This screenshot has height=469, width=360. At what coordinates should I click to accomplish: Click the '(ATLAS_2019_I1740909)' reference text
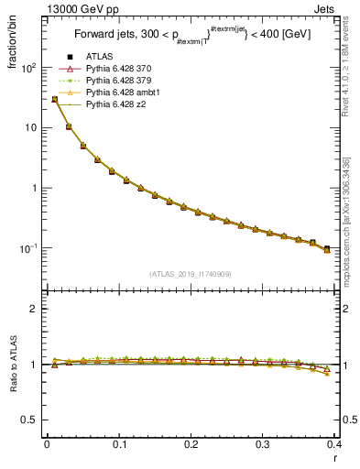click(190, 275)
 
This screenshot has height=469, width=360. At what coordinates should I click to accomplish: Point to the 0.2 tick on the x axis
click(191, 444)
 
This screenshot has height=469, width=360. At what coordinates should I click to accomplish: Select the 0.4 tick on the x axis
click(334, 444)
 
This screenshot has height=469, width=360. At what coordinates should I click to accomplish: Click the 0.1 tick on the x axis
click(118, 444)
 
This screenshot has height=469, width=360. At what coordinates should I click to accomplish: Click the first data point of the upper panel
click(54, 99)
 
